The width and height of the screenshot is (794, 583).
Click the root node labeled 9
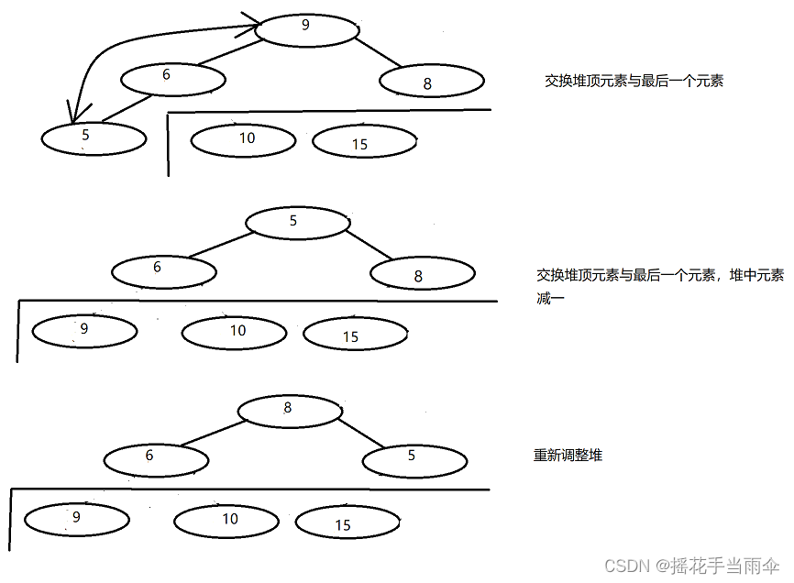point(305,27)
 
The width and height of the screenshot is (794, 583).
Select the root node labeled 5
point(296,222)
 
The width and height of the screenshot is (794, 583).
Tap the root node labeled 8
point(289,410)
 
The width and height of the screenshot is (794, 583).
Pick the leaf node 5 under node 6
point(94,138)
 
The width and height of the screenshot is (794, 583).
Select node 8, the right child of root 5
point(423,273)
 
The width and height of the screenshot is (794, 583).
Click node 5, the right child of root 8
point(414,459)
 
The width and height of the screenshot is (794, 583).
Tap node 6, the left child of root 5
point(163,270)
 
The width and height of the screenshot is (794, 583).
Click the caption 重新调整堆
point(568,455)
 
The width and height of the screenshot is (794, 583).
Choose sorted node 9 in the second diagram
point(84,330)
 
